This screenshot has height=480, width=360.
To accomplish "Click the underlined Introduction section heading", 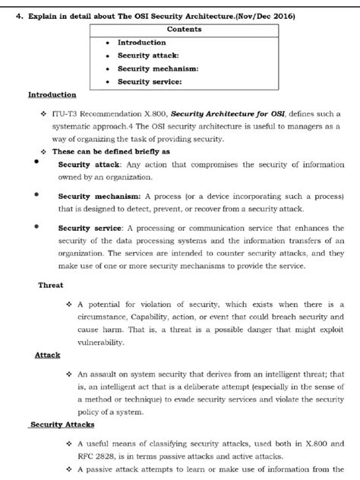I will pos(52,95).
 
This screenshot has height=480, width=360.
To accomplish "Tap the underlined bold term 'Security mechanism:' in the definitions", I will pos(94,195).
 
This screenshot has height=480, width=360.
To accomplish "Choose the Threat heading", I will pos(51,286).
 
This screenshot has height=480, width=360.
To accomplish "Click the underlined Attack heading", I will pos(47,355).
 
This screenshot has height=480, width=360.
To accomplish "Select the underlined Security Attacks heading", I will pos(58,425).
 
